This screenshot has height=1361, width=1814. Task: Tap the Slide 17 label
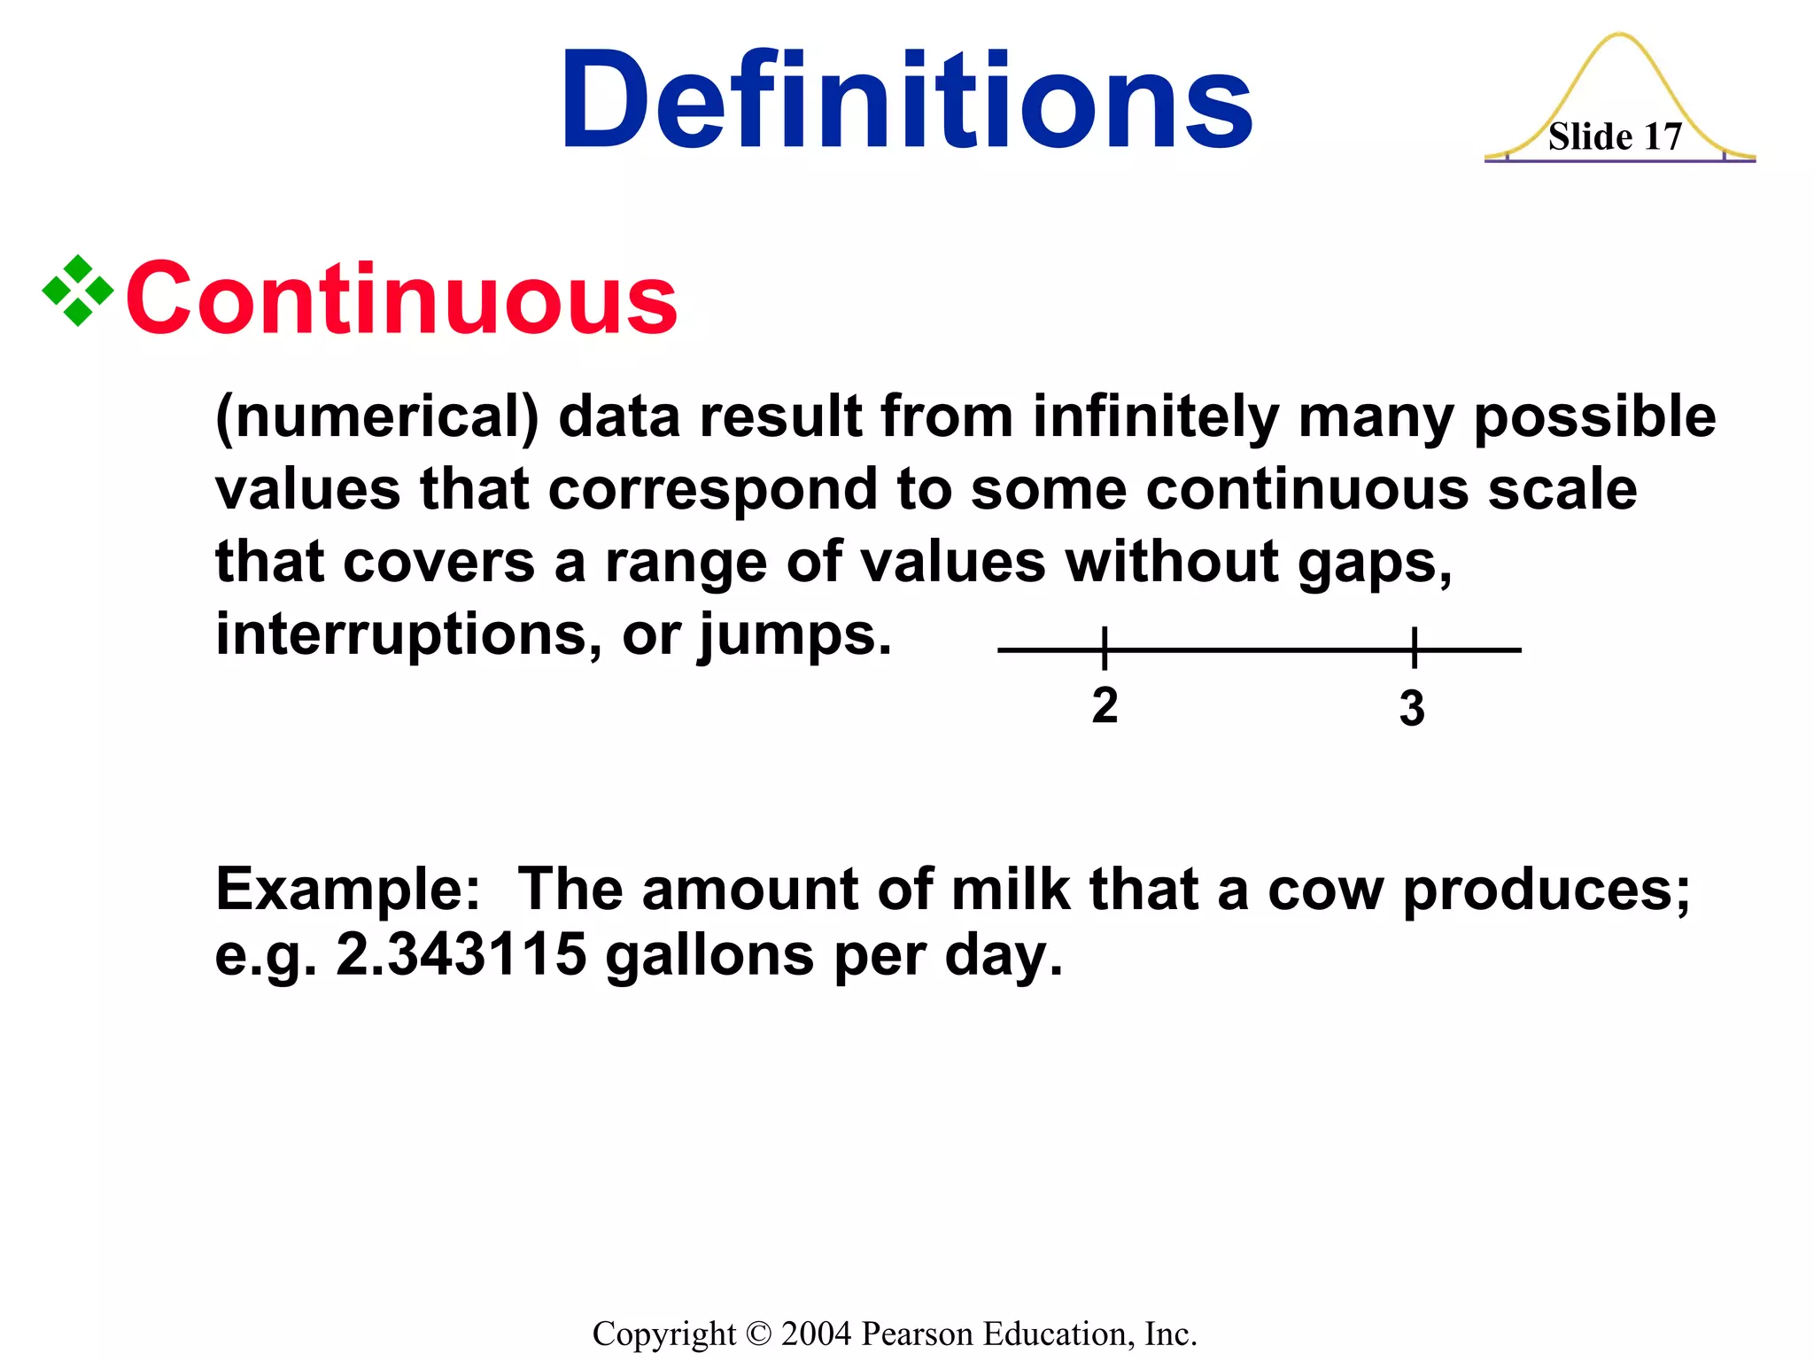[1615, 137]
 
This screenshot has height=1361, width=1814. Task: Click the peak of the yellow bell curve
[1620, 35]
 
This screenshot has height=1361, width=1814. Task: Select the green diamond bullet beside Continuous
[78, 291]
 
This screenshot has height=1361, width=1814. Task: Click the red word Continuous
[401, 299]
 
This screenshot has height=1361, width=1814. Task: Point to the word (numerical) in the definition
[376, 417]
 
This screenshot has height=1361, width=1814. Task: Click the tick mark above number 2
[1105, 648]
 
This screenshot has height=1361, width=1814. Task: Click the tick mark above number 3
[1415, 648]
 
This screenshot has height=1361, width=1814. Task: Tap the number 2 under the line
[1105, 706]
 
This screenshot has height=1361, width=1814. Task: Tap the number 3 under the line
[1412, 709]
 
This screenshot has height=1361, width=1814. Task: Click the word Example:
[347, 890]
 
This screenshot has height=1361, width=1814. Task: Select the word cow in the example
[1325, 890]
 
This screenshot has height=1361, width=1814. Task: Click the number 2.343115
[461, 955]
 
